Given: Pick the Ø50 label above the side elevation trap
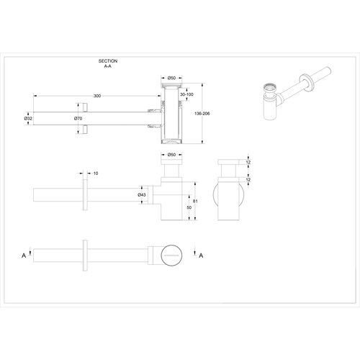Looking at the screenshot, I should [x=172, y=154].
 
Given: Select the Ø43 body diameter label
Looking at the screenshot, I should [x=143, y=194].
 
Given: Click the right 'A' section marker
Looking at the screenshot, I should [x=200, y=255].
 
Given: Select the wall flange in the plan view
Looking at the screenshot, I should [x=86, y=253].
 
